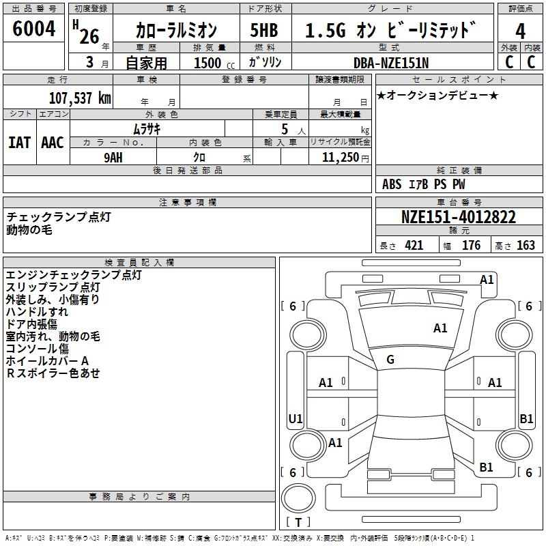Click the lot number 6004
(x=34, y=30)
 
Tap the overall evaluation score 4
(x=520, y=31)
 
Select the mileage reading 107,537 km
(x=80, y=98)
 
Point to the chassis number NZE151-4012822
(x=458, y=218)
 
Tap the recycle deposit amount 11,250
(x=336, y=157)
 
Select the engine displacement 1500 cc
(x=213, y=62)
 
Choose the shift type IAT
(x=19, y=143)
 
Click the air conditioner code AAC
(x=53, y=143)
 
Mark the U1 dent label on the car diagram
(x=296, y=418)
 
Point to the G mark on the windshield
(x=390, y=360)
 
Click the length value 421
(x=412, y=246)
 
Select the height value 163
(x=526, y=246)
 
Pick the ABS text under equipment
(x=392, y=184)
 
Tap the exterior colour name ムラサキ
(x=147, y=128)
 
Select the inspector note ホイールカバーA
(x=48, y=360)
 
